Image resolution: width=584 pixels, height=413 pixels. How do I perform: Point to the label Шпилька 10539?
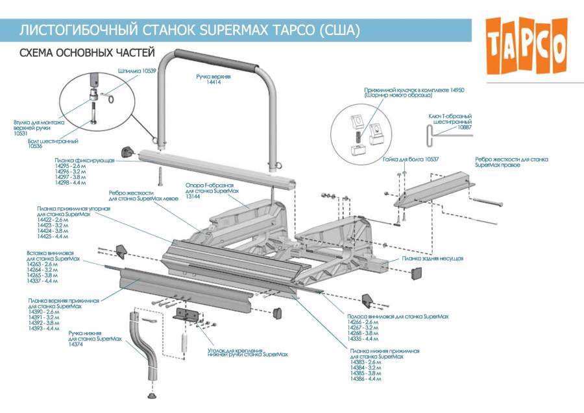click(137, 70)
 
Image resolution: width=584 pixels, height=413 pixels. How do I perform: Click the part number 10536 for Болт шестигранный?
click(35, 147)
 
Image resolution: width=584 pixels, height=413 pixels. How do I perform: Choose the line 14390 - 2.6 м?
click(43, 312)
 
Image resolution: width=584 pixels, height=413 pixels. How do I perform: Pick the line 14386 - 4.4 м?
click(365, 378)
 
